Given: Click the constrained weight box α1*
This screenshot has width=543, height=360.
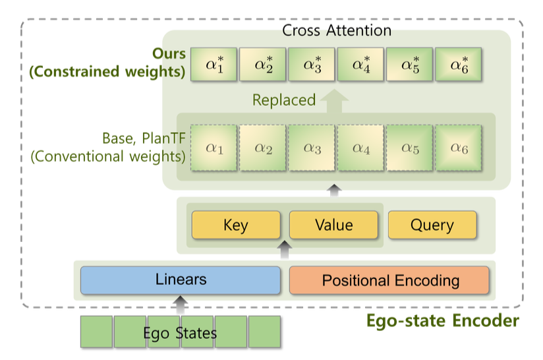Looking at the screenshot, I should pyautogui.click(x=214, y=65).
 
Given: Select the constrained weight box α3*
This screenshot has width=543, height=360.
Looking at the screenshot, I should pyautogui.click(x=312, y=65).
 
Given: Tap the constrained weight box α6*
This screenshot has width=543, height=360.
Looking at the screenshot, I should pyautogui.click(x=459, y=65).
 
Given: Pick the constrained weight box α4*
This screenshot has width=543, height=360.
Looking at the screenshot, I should pyautogui.click(x=360, y=65).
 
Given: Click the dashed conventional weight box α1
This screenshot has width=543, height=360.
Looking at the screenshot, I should pyautogui.click(x=214, y=148).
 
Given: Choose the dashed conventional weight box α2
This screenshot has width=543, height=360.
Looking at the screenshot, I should pyautogui.click(x=263, y=148).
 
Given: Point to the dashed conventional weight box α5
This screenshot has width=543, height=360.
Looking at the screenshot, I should pyautogui.click(x=410, y=148).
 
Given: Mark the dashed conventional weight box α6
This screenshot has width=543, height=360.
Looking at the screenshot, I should pyautogui.click(x=459, y=148).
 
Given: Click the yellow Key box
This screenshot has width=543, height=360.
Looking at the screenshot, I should pyautogui.click(x=235, y=225).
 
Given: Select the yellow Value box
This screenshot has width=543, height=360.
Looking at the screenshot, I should pyautogui.click(x=333, y=225).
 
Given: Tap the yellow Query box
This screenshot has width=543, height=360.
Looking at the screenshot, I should pyautogui.click(x=432, y=225).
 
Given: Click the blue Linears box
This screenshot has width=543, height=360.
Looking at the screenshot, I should pyautogui.click(x=180, y=280).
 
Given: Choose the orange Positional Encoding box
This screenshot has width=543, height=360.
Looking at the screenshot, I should pyautogui.click(x=389, y=280).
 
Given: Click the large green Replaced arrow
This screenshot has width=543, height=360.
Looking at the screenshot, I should pyautogui.click(x=336, y=100).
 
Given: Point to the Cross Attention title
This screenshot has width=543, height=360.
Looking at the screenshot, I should pyautogui.click(x=336, y=30).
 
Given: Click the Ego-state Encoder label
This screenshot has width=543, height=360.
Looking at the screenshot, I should pyautogui.click(x=442, y=321).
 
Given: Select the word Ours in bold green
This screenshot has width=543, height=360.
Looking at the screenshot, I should pyautogui.click(x=169, y=53).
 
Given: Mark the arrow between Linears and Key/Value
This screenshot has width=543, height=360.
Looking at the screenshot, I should pyautogui.click(x=285, y=249).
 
